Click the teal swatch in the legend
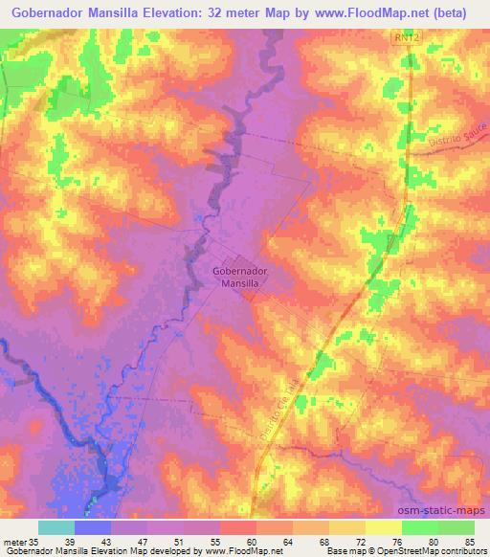pos(56,527)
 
